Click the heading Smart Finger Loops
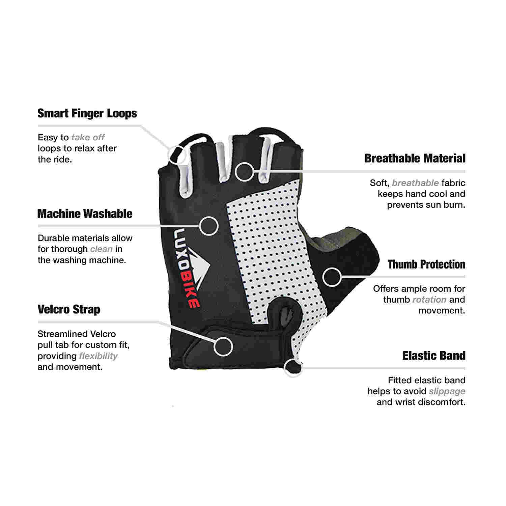click(x=87, y=113)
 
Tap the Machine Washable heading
click(x=85, y=214)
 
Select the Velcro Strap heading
click(x=69, y=309)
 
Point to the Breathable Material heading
click(x=415, y=159)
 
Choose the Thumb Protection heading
click(x=426, y=264)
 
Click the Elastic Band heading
click(x=434, y=356)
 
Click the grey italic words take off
click(x=88, y=138)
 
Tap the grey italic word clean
click(x=101, y=249)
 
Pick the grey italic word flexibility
click(x=98, y=356)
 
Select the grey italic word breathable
click(x=415, y=183)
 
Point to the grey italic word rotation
click(x=429, y=300)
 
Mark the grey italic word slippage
click(x=447, y=391)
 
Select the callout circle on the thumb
click(x=332, y=277)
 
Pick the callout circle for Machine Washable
click(x=209, y=225)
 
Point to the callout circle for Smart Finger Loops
click(x=177, y=154)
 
